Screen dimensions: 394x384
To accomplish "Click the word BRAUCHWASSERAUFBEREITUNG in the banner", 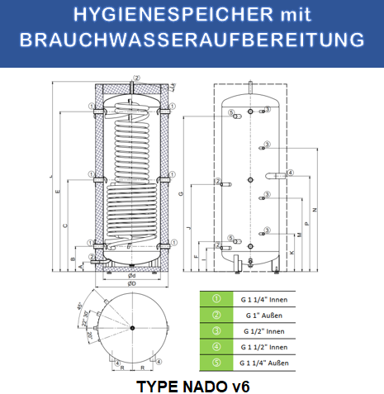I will [x=192, y=40].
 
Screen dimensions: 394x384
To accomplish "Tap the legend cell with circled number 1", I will [x=216, y=299].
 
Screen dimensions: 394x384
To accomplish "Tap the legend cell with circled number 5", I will [x=216, y=363].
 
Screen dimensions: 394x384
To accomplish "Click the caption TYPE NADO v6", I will [x=191, y=385].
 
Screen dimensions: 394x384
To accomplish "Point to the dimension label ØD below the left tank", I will [x=131, y=283].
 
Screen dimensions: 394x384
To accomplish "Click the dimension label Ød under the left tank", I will [x=132, y=275].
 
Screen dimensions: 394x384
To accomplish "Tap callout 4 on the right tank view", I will [x=291, y=173].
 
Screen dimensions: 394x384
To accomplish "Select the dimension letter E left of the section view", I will [x=57, y=192].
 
